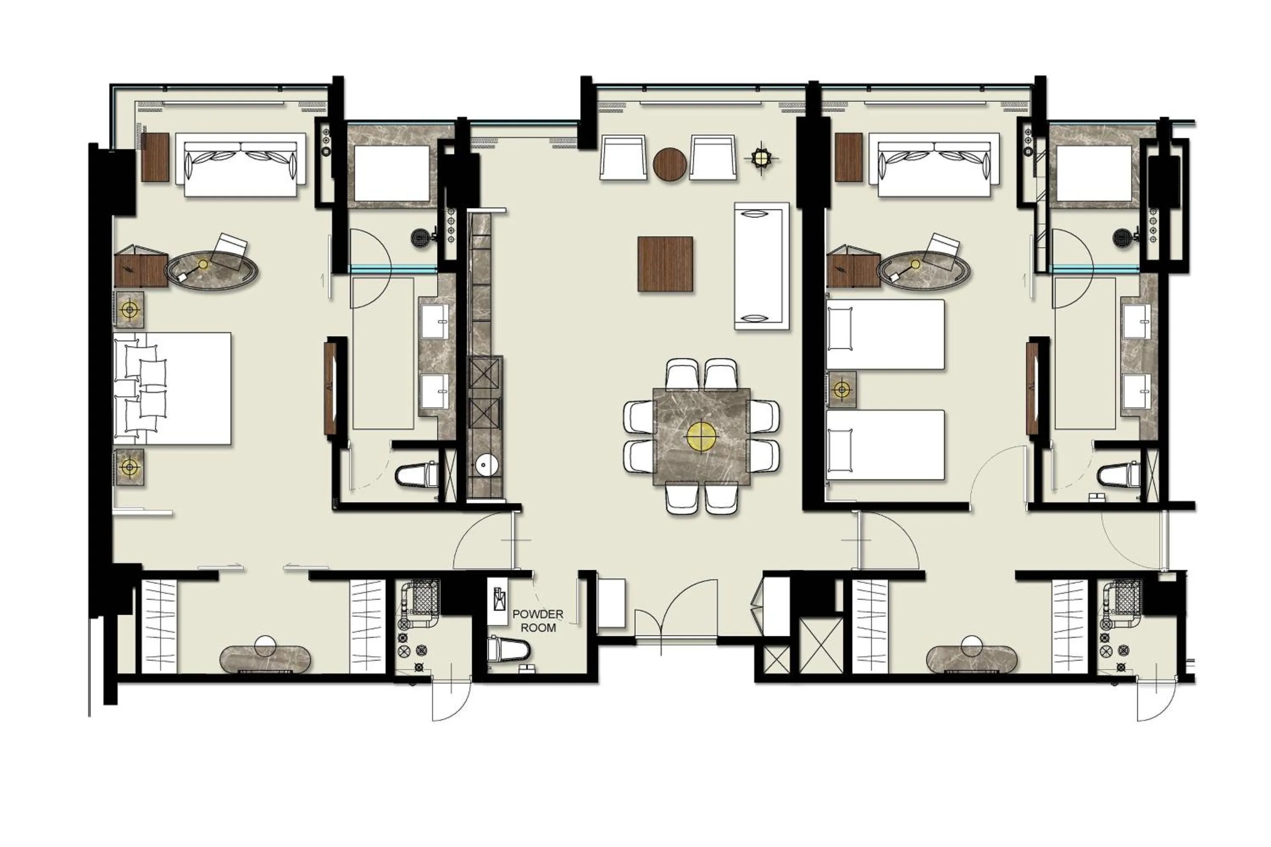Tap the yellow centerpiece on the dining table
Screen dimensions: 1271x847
(x=701, y=437)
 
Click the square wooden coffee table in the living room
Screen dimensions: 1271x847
(x=665, y=264)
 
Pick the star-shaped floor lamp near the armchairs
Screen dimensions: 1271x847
(x=761, y=158)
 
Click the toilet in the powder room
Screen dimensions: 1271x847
(x=508, y=650)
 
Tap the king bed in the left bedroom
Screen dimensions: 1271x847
(x=172, y=388)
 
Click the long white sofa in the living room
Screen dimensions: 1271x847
(x=761, y=266)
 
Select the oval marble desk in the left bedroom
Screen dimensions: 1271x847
(x=212, y=271)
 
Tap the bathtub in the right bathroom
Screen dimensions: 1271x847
(x=1094, y=172)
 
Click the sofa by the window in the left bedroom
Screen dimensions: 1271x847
(x=241, y=165)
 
